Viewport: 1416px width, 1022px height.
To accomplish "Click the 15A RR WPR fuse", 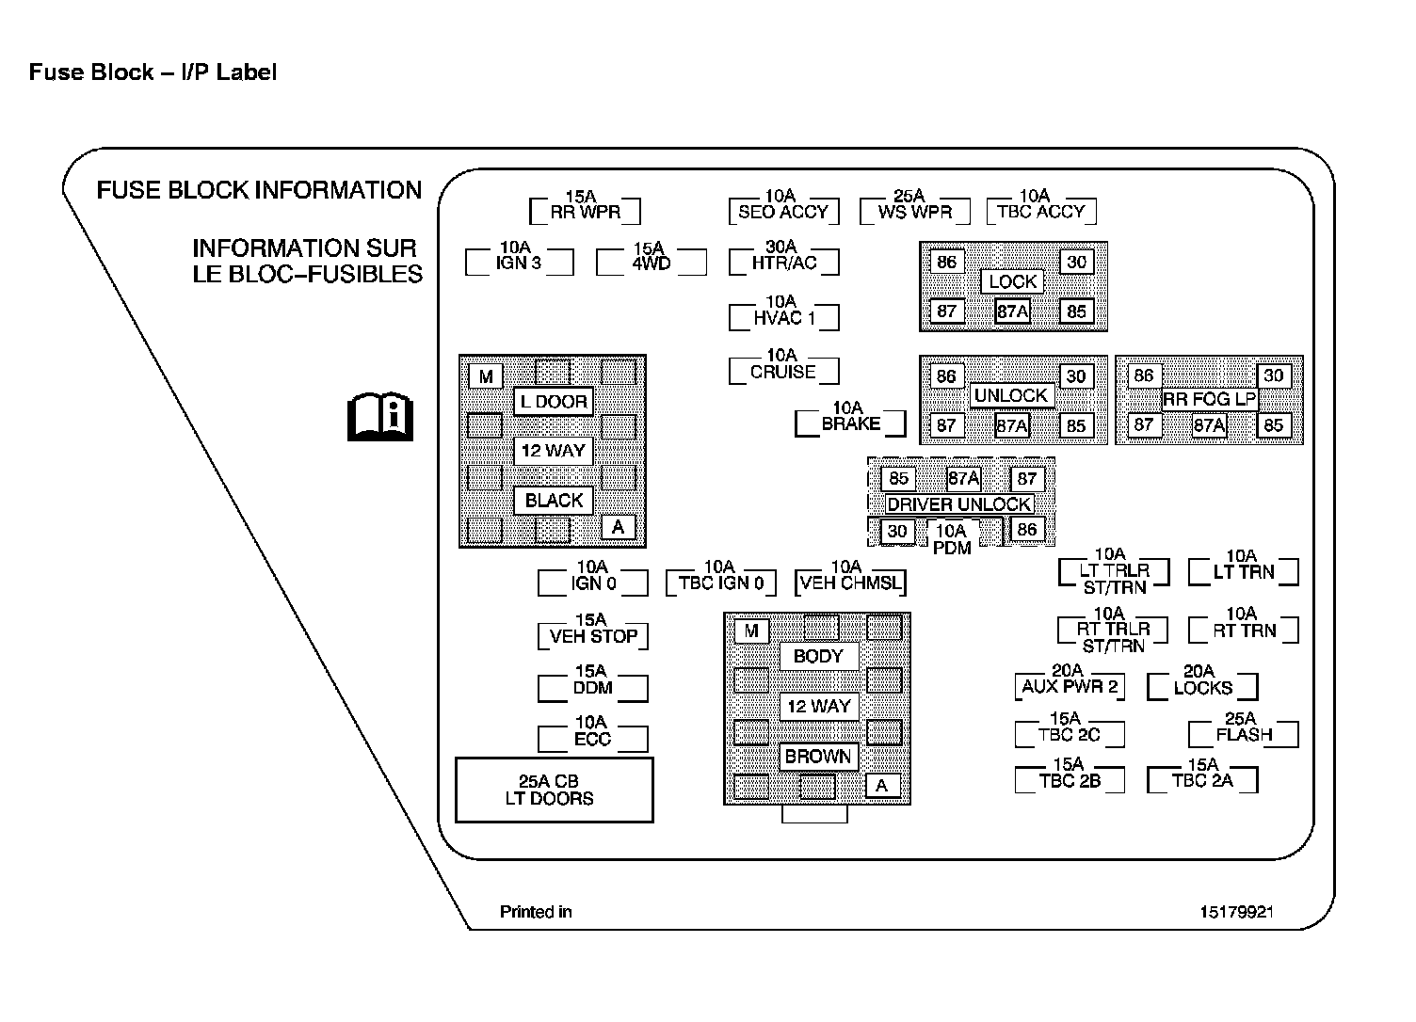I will tap(585, 210).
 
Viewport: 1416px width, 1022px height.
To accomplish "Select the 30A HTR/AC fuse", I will tap(783, 262).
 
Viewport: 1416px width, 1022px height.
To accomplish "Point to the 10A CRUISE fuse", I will tap(783, 371).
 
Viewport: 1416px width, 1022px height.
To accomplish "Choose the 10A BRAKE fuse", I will tap(850, 423).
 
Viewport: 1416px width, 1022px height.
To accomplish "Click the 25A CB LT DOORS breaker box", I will tap(554, 790).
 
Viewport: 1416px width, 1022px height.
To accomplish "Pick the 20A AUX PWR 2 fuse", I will tap(1070, 685).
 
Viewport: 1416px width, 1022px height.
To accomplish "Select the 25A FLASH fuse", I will tap(1243, 733).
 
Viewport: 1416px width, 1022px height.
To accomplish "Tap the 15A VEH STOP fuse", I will tap(593, 635).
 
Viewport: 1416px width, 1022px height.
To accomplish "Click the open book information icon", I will tap(379, 417).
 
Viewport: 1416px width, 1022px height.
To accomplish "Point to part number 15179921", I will tap(1237, 912).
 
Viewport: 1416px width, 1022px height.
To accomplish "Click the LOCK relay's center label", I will tap(1012, 281).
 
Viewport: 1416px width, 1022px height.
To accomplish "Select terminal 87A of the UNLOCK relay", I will tap(1012, 425).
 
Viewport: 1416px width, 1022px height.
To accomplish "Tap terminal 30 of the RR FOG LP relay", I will tap(1273, 375).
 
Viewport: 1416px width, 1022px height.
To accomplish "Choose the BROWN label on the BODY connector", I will tap(817, 757).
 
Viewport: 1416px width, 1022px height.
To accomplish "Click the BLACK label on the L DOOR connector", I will tap(554, 501).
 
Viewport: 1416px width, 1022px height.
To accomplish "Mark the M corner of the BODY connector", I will tap(751, 631).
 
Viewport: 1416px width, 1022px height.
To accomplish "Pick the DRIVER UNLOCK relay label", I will tap(958, 504).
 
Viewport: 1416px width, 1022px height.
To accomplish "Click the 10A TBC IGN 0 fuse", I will tap(720, 582).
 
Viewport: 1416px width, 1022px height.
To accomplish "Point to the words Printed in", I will tap(536, 912).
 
